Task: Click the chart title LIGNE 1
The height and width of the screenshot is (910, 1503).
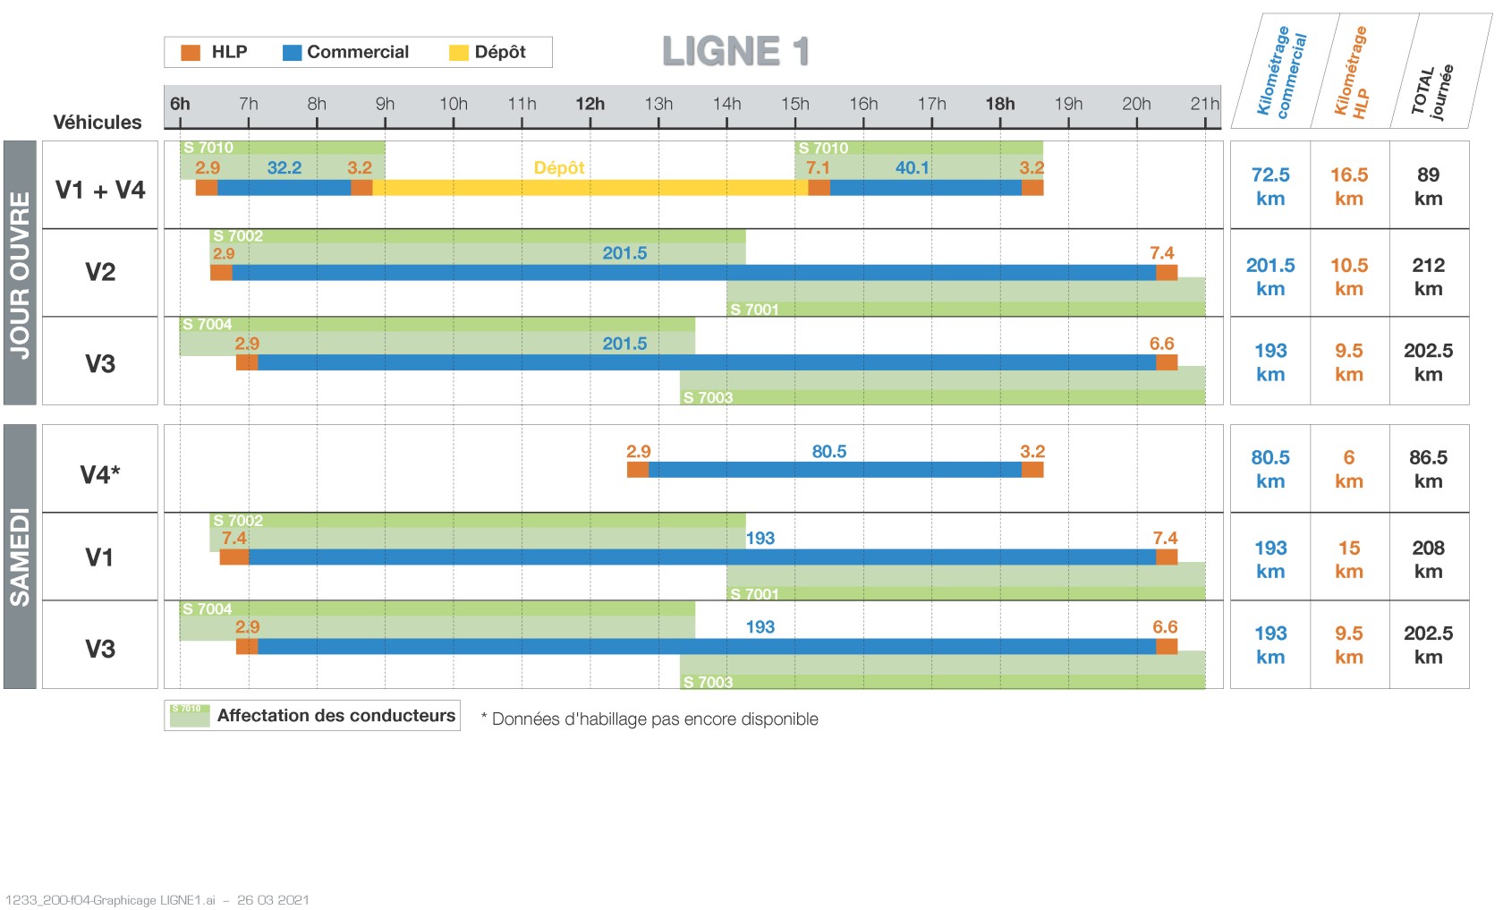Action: tap(735, 51)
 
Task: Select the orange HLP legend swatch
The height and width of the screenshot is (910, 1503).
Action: tap(191, 53)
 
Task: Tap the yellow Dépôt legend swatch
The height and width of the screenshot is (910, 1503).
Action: tap(458, 53)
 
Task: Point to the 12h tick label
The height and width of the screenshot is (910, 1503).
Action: tap(590, 104)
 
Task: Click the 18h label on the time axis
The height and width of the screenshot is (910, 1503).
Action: tap(999, 104)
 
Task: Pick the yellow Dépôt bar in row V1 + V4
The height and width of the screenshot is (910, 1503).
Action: tap(590, 188)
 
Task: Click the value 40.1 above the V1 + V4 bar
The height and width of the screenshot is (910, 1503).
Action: tap(912, 167)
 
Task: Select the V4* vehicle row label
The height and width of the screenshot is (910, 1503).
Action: tap(100, 474)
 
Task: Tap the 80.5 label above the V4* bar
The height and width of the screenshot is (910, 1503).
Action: tap(828, 452)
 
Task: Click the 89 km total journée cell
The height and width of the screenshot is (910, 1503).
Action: tap(1428, 186)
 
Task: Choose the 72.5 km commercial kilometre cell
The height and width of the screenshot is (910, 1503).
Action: tap(1270, 186)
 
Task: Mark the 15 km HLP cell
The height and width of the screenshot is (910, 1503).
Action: tap(1349, 559)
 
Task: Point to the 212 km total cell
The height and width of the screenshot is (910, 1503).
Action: tap(1428, 276)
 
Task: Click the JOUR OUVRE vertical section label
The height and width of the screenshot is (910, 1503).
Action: tap(20, 274)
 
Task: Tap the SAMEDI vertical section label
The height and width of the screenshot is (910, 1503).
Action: tap(20, 557)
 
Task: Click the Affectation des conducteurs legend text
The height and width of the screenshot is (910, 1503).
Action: tap(336, 716)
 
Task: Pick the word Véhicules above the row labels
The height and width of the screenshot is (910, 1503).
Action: tap(98, 123)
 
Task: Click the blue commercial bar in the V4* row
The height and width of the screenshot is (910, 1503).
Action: tap(835, 470)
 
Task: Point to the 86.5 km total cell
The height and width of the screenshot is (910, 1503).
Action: tap(1428, 469)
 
